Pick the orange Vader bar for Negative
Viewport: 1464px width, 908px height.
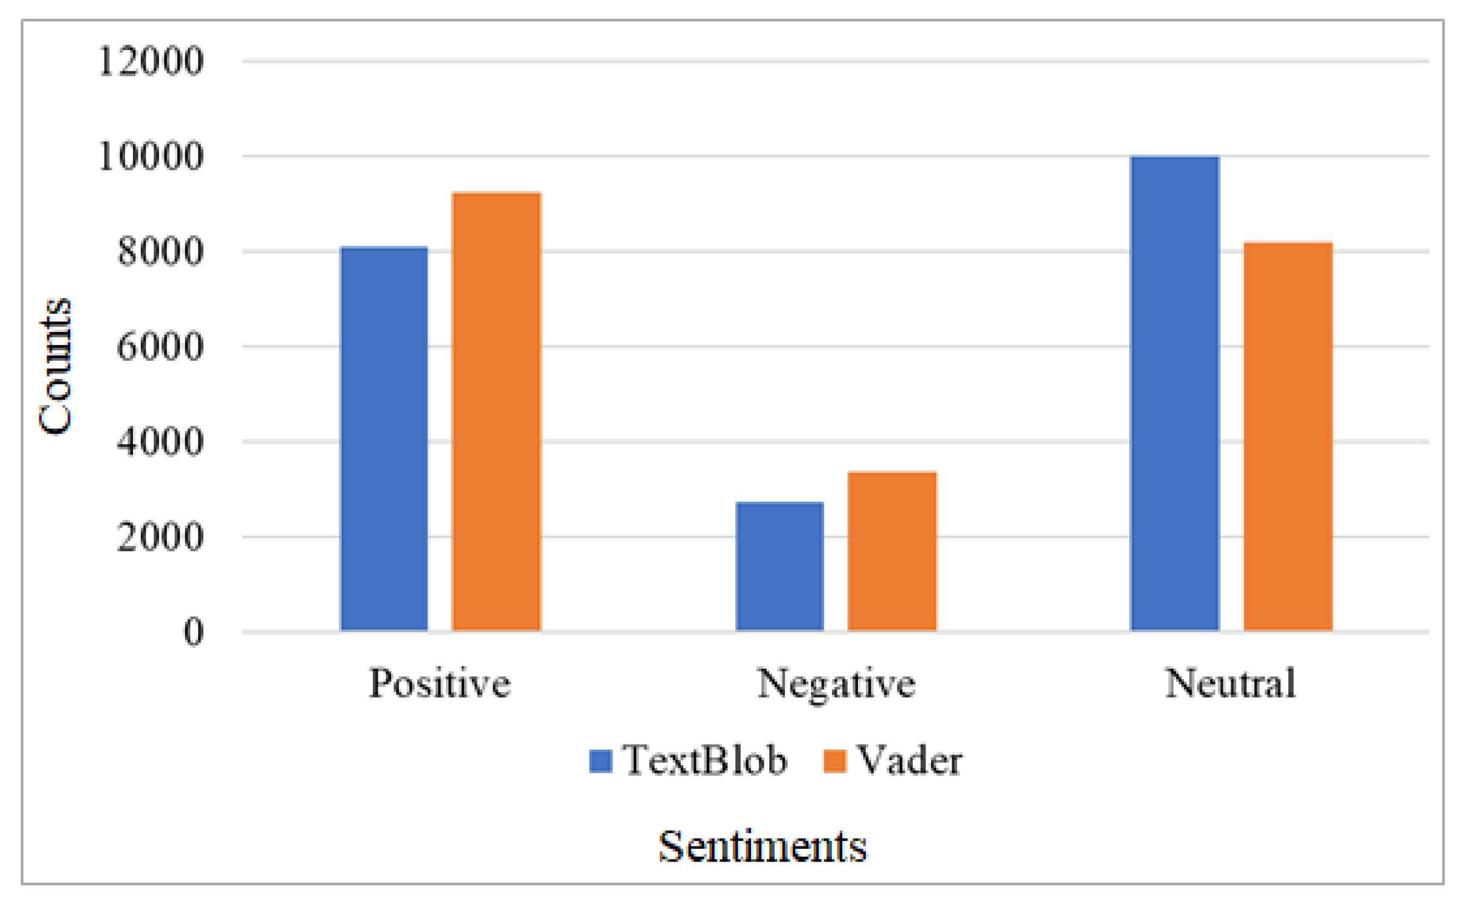pos(892,551)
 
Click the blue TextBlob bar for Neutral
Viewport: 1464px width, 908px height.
pos(1175,394)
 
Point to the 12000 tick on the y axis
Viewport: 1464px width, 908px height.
pos(150,61)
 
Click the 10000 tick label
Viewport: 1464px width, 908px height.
pos(150,157)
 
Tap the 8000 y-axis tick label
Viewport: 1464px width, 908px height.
pos(160,251)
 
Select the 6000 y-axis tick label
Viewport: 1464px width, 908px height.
pos(160,347)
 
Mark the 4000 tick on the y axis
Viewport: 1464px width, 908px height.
pos(160,442)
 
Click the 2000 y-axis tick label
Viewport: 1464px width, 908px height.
pos(160,537)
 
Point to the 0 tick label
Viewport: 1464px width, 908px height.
pos(193,632)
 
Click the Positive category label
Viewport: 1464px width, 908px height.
pos(440,684)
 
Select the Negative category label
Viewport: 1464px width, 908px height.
pos(836,684)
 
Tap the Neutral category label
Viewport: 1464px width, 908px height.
pos(1230,684)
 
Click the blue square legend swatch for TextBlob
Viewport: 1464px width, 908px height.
pos(601,761)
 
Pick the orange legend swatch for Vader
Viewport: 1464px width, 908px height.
pos(834,761)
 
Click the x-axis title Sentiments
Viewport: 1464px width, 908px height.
pos(763,846)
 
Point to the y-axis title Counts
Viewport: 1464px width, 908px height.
pos(56,366)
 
